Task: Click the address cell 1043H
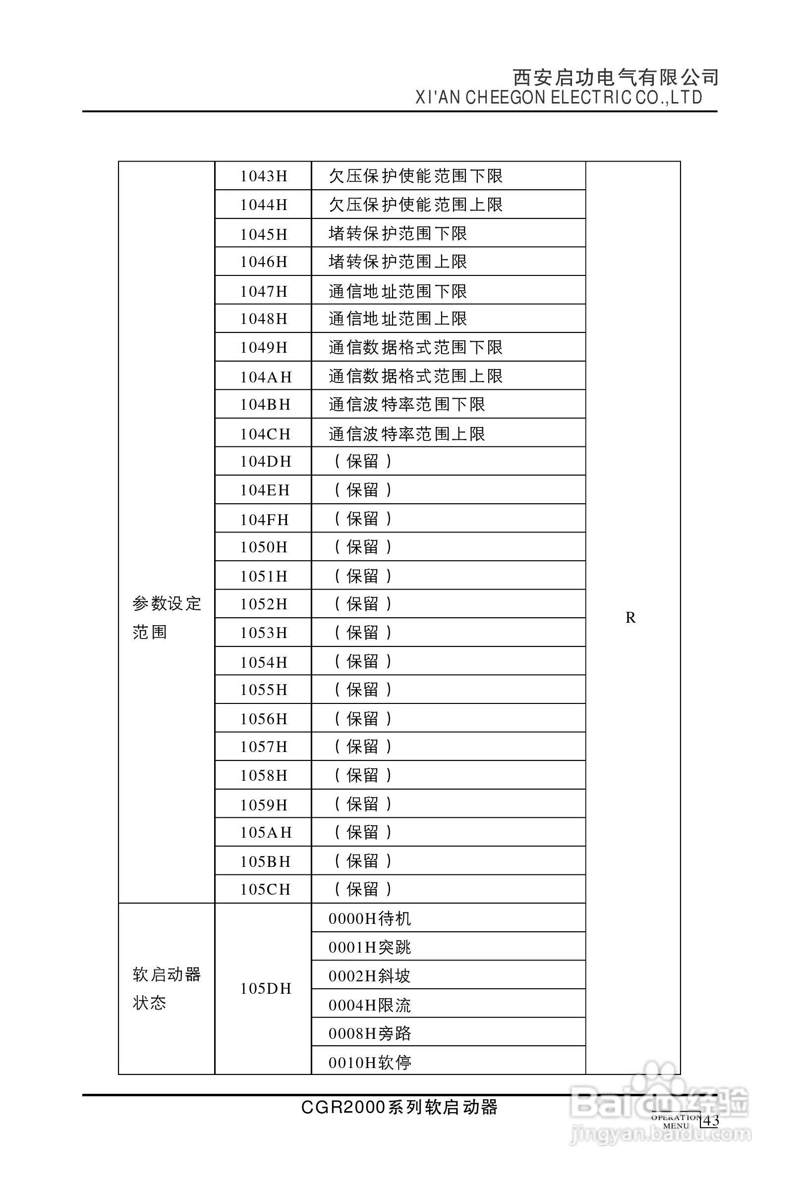point(263,176)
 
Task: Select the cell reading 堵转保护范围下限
point(398,233)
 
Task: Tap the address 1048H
point(263,319)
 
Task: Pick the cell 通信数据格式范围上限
point(415,376)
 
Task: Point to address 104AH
point(266,377)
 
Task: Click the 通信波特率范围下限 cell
point(406,404)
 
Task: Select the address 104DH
point(266,461)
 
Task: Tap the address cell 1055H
point(263,690)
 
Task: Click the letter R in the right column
point(630,617)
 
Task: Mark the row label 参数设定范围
point(167,617)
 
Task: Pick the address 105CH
point(266,889)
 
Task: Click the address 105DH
point(266,988)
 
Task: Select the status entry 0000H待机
point(370,918)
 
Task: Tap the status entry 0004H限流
point(370,1005)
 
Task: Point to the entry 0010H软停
point(370,1062)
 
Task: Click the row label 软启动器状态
point(167,988)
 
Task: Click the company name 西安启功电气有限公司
point(615,78)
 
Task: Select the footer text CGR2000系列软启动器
point(400,1107)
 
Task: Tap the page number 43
point(712,1121)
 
